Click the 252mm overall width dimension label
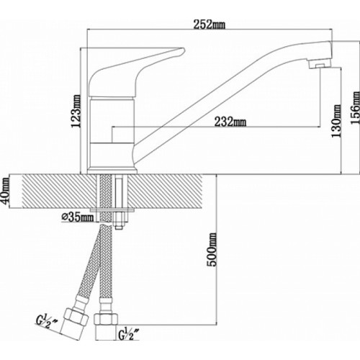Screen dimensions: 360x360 tap(210, 25)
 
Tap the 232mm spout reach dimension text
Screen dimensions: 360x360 tap(230, 122)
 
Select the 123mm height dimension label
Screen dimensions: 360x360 tap(77, 111)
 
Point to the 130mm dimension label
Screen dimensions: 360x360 tap(336, 121)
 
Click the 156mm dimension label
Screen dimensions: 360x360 tap(355, 108)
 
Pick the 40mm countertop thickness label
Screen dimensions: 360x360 tap(5, 191)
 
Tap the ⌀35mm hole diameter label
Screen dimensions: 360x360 tap(78, 217)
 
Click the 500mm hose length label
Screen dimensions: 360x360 tap(212, 250)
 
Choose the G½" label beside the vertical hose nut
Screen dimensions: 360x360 tap(129, 333)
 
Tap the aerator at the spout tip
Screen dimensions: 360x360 tap(320, 64)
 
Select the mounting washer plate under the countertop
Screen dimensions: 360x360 tap(112, 210)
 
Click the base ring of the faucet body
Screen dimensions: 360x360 tap(112, 171)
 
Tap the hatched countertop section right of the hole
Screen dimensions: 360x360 tap(166, 191)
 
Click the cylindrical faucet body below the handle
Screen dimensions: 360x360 tap(112, 132)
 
